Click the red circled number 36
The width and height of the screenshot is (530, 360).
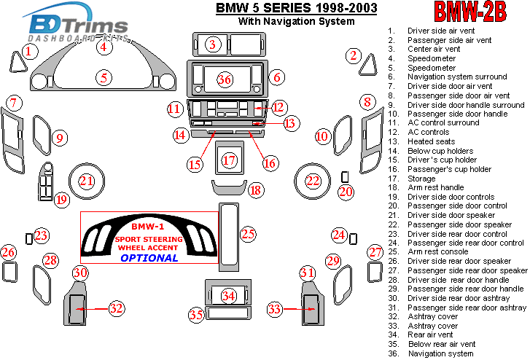click(225, 79)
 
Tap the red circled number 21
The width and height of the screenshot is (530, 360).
click(87, 181)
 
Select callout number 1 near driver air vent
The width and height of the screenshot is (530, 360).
click(28, 51)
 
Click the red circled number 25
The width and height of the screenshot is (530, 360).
click(249, 234)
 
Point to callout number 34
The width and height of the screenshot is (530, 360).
click(229, 296)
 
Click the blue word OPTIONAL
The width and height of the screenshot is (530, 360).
click(149, 257)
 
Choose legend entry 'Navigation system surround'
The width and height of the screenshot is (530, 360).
click(457, 77)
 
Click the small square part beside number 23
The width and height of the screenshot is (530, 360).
click(28, 236)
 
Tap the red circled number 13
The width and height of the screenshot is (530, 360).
click(290, 123)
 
